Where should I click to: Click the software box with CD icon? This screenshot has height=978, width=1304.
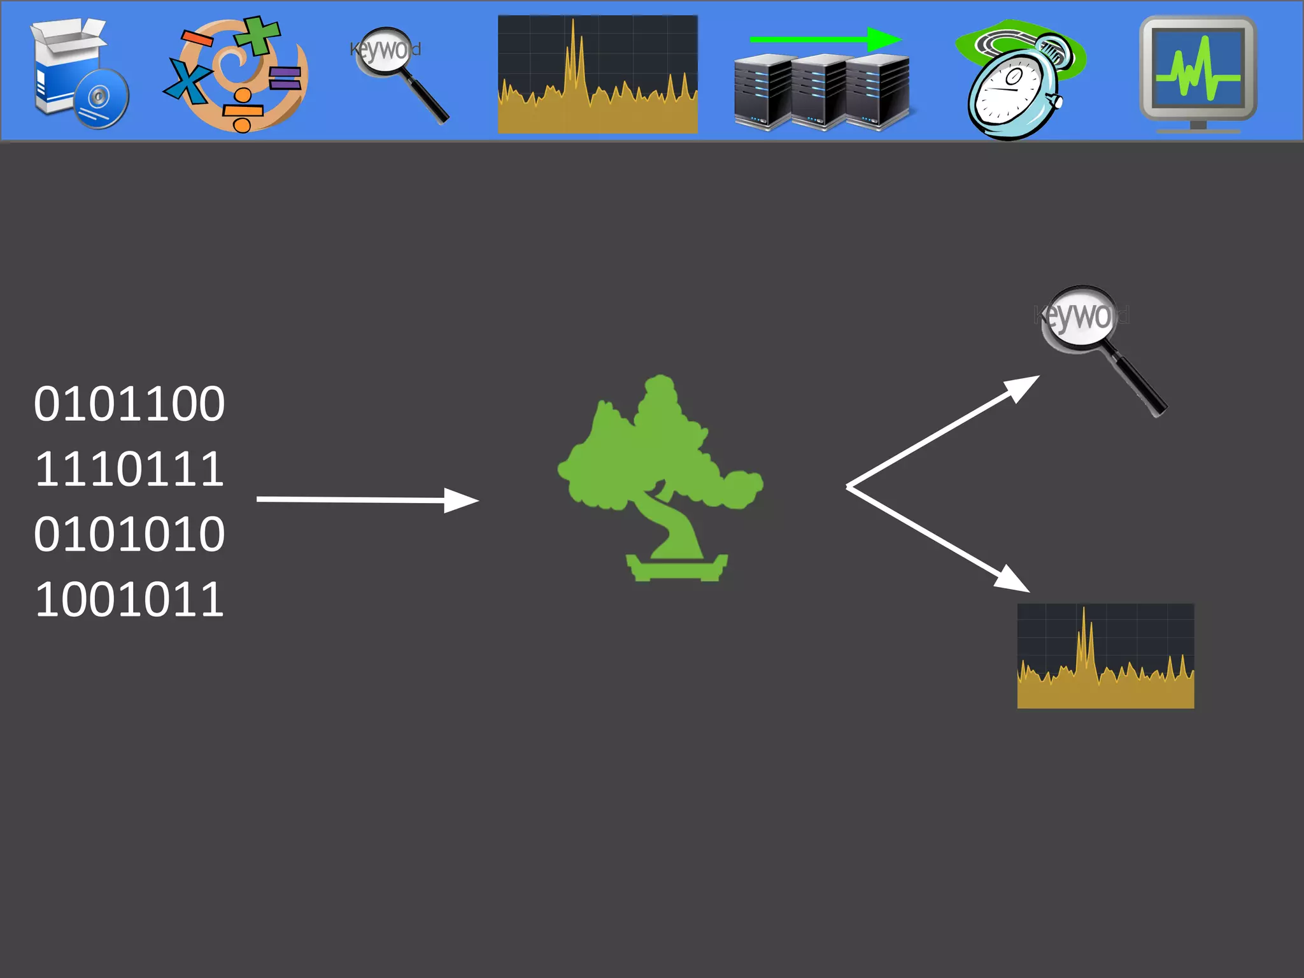click(x=79, y=74)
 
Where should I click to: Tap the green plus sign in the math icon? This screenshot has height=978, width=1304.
click(x=257, y=35)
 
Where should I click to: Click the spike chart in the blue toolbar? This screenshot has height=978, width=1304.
click(x=597, y=74)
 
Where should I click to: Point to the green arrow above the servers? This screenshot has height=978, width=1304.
click(x=825, y=39)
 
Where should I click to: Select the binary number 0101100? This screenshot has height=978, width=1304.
click(x=129, y=404)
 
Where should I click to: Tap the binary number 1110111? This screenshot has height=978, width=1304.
click(x=129, y=469)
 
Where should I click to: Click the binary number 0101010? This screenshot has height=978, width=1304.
click(x=129, y=534)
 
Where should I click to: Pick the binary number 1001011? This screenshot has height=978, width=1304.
click(x=129, y=600)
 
